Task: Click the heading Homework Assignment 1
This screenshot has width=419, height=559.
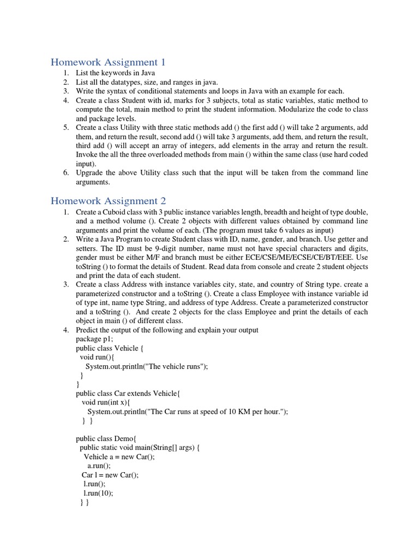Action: (107, 62)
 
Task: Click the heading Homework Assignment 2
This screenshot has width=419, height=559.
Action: (108, 200)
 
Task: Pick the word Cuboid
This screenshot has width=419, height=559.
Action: (119, 211)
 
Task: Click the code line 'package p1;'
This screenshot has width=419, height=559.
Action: (95, 339)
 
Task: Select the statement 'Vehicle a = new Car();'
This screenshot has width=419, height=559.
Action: (119, 456)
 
